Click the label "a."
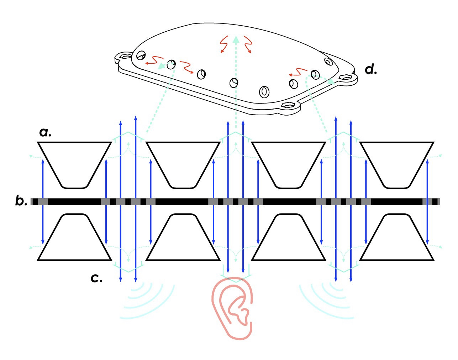[45, 132]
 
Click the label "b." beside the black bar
[21, 201]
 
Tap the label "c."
[96, 278]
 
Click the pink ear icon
[233, 306]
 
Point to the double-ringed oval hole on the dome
[264, 91]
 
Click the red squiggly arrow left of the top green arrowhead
[223, 44]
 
